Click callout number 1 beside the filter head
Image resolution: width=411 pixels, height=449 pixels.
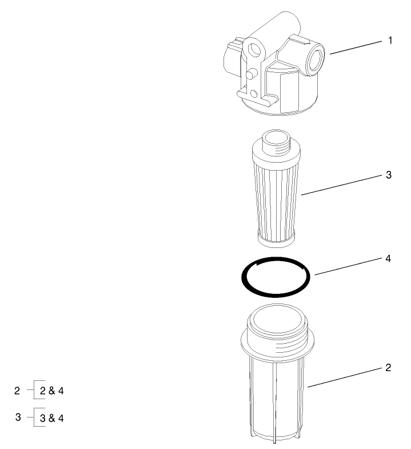[x=390, y=41]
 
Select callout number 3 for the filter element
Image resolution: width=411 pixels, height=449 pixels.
[x=389, y=175]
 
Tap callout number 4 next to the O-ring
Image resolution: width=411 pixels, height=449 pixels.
[x=389, y=259]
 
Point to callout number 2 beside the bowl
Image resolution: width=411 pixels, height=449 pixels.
[x=389, y=368]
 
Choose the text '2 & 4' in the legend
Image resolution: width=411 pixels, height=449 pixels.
[x=52, y=391]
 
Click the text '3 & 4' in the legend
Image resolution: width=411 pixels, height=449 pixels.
[x=52, y=418]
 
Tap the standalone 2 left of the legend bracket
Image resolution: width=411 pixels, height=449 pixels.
[x=18, y=391]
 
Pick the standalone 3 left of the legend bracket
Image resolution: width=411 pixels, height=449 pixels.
[x=18, y=418]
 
